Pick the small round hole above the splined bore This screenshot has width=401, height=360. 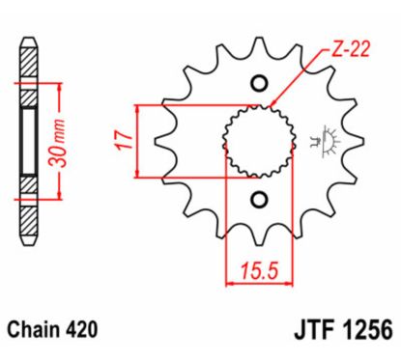pos(257,83)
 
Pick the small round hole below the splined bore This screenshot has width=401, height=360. pos(257,199)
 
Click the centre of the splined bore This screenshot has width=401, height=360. pos(257,141)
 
